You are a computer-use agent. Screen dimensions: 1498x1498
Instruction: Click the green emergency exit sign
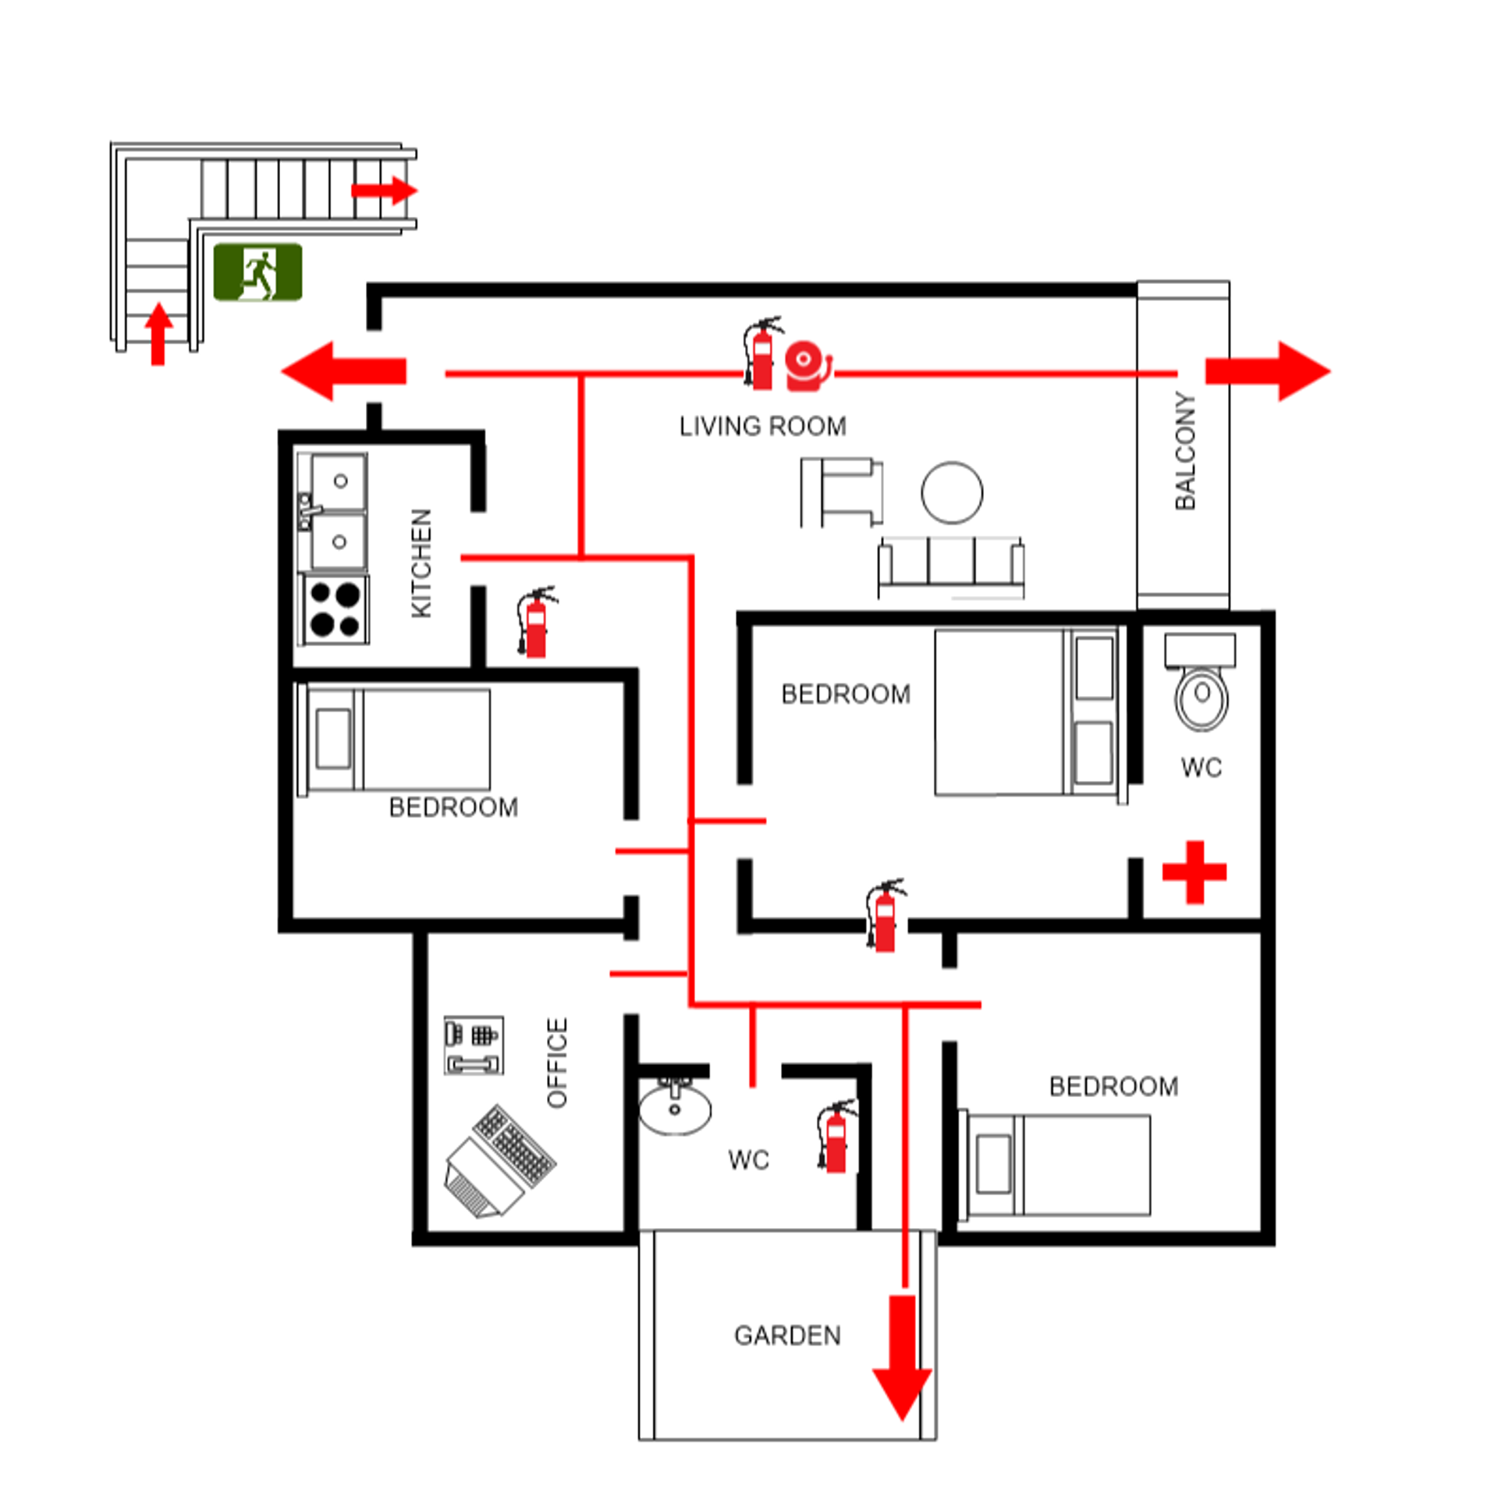(257, 272)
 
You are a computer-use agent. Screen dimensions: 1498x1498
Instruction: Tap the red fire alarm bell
(807, 365)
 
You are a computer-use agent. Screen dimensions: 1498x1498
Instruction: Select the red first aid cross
(1194, 871)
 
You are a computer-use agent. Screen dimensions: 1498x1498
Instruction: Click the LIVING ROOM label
(762, 426)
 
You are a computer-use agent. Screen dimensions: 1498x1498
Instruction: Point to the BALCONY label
(1184, 451)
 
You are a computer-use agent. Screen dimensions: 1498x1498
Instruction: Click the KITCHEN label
(421, 563)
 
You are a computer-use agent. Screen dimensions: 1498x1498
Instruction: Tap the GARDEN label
(787, 1335)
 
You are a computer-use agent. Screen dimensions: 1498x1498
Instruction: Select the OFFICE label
(557, 1062)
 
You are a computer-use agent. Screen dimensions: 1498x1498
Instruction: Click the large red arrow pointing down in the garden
(902, 1358)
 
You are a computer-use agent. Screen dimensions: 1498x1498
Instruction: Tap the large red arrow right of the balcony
(1267, 371)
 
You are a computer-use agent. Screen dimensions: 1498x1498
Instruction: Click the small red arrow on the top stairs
(384, 190)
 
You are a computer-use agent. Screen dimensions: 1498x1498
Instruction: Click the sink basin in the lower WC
(675, 1109)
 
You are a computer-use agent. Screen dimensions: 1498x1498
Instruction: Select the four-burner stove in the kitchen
(335, 609)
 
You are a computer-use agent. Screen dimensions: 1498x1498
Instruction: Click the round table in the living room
(951, 492)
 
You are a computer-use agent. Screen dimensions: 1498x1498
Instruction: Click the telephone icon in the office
(473, 1045)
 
